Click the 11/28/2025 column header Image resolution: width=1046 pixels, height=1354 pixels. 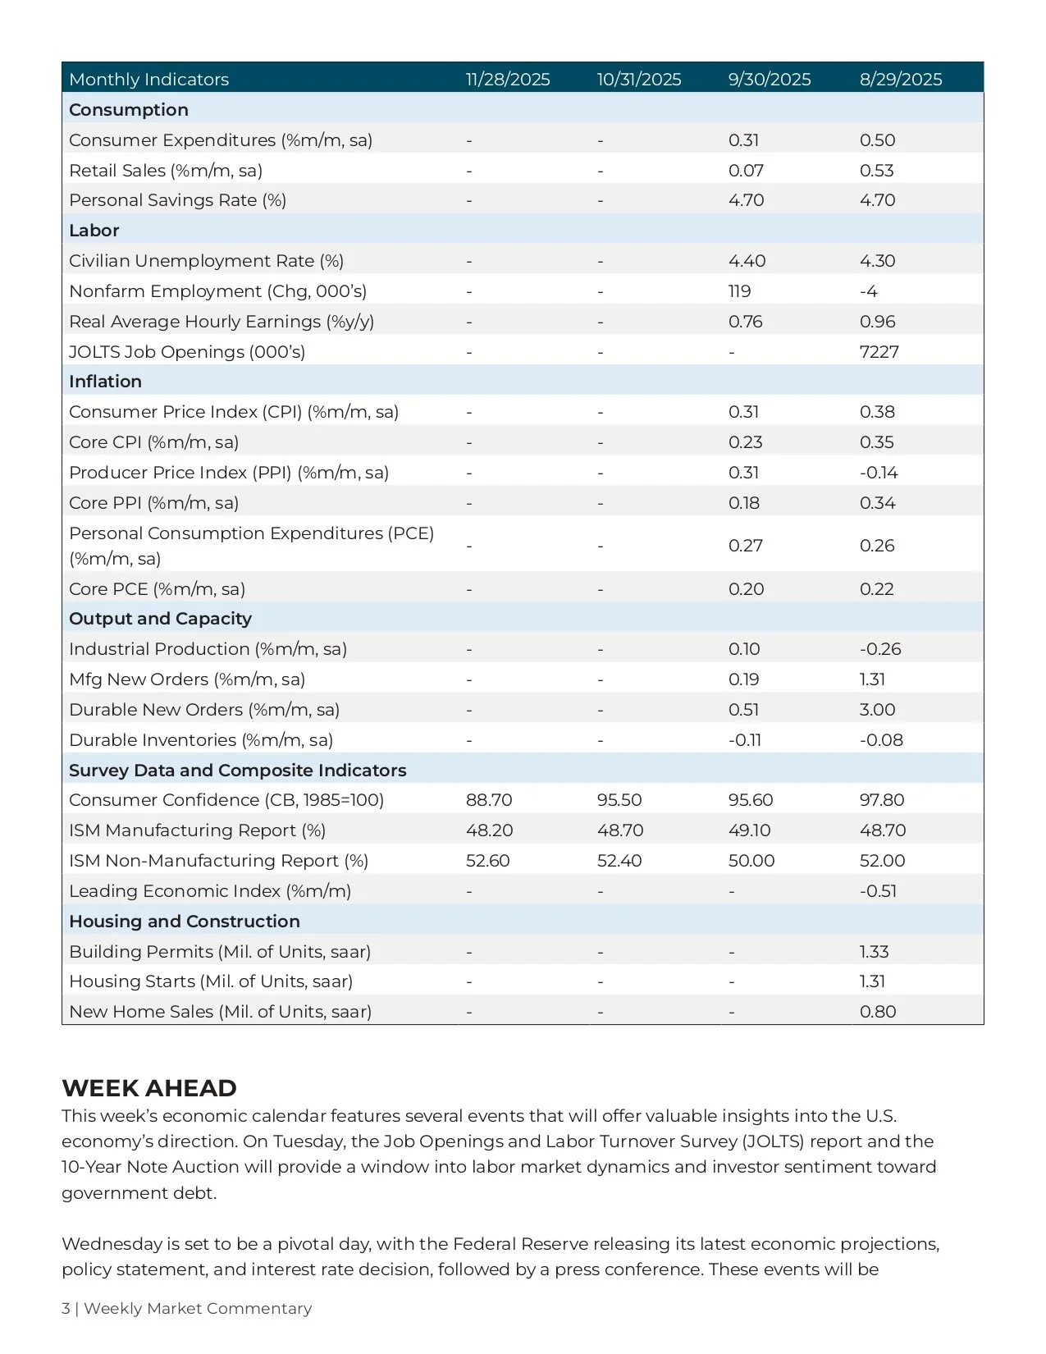tap(508, 80)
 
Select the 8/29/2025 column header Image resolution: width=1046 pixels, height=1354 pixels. tap(901, 80)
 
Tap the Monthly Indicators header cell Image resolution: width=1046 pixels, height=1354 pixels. tap(149, 80)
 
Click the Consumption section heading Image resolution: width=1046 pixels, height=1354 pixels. tap(129, 110)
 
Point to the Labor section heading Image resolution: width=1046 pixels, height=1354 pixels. tap(94, 231)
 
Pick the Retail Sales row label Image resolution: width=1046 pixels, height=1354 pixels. tap(166, 171)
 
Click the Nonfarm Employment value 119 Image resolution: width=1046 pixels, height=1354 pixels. tap(739, 291)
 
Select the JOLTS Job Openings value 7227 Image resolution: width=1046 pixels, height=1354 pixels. tap(879, 352)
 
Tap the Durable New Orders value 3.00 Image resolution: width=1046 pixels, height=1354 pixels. tap(877, 710)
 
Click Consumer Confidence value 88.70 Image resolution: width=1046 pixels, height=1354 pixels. tap(489, 800)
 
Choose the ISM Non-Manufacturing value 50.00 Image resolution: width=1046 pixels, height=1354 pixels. tap(751, 861)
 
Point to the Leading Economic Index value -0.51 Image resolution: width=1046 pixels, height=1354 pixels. tap(878, 891)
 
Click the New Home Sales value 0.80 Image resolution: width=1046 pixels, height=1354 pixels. tap(878, 1012)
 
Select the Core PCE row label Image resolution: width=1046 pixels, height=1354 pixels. tap(157, 589)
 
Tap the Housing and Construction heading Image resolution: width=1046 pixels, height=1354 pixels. tap(185, 922)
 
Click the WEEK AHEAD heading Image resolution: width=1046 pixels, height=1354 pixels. tap(149, 1088)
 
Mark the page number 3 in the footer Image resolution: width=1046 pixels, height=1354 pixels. tap(66, 1309)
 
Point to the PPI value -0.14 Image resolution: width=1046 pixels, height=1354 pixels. tap(879, 473)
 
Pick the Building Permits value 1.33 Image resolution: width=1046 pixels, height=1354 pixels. tap(874, 952)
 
